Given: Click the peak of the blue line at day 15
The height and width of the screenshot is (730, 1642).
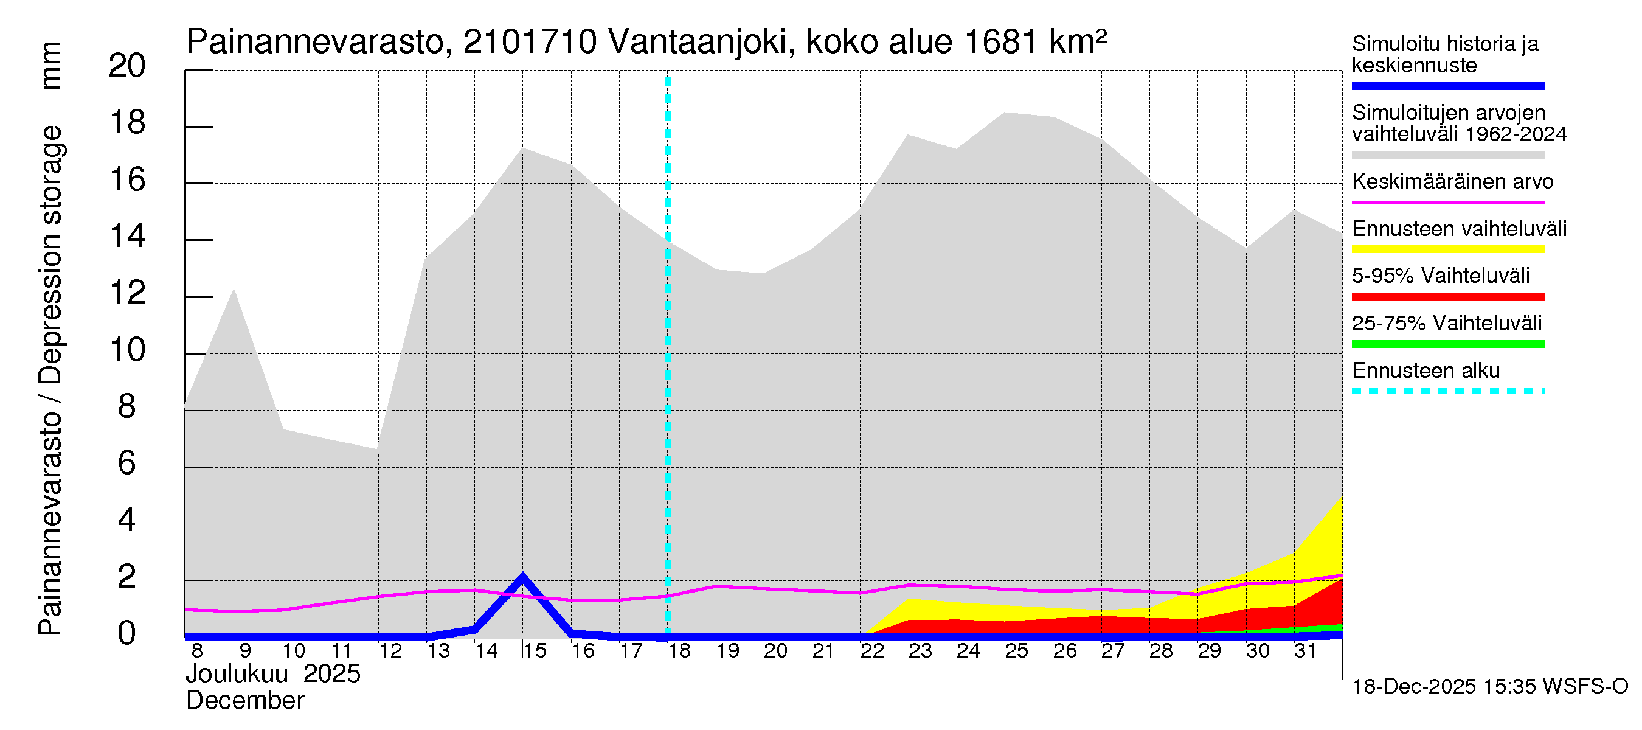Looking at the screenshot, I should pyautogui.click(x=522, y=577).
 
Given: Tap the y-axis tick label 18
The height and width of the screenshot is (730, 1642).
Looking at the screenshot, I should pyautogui.click(x=128, y=122).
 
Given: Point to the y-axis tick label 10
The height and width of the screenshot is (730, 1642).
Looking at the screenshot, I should pyautogui.click(x=128, y=350).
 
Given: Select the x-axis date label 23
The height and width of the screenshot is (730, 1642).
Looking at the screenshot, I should pyautogui.click(x=920, y=651).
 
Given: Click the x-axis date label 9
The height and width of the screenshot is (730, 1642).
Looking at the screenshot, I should pyautogui.click(x=244, y=651).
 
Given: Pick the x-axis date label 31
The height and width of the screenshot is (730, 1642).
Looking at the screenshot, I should pyautogui.click(x=1305, y=651).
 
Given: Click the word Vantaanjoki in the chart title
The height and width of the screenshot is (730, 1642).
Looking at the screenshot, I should pyautogui.click(x=698, y=43).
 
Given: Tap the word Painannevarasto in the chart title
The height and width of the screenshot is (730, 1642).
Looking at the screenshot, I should pyautogui.click(x=315, y=43).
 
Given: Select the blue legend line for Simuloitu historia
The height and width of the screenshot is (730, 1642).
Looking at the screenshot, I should pyautogui.click(x=1447, y=86).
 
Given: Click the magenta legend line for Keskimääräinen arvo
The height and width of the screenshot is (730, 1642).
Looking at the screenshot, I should pyautogui.click(x=1447, y=202).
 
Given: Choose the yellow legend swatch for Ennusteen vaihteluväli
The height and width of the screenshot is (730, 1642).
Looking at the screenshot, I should pyautogui.click(x=1447, y=249).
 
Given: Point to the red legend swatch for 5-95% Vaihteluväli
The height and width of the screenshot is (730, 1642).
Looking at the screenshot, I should pyautogui.click(x=1447, y=296).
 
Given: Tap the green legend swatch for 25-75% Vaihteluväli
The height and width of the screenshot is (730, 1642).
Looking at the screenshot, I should pyautogui.click(x=1447, y=344).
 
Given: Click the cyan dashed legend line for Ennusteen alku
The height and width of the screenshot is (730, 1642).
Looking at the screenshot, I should pyautogui.click(x=1447, y=391).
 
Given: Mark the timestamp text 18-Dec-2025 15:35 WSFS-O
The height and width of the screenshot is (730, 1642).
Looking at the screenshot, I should pyautogui.click(x=1489, y=687).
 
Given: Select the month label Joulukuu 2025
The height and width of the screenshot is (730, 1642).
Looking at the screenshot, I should pyautogui.click(x=273, y=674).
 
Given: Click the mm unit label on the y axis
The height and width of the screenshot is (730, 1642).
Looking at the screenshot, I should pyautogui.click(x=51, y=66).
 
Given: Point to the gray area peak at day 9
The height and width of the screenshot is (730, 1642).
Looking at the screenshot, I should pyautogui.click(x=234, y=290).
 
